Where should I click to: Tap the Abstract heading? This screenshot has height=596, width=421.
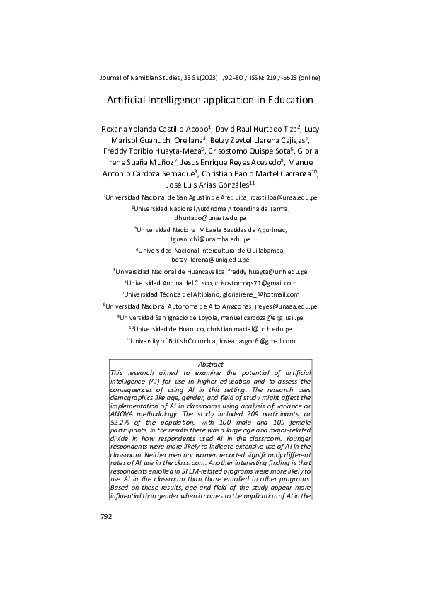tap(210, 364)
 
